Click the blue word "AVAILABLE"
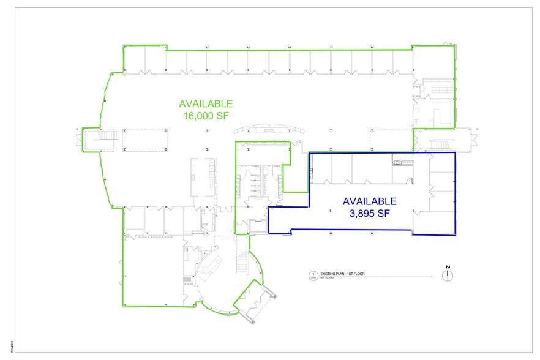click(369, 201)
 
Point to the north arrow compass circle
click(448, 276)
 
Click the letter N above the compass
click(448, 267)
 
